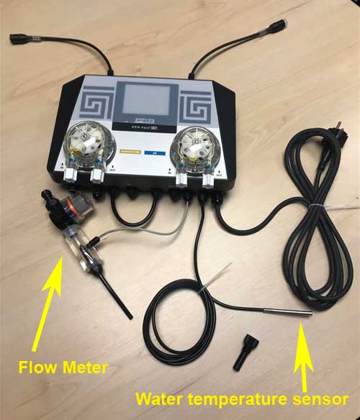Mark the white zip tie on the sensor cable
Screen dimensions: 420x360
pyautogui.click(x=215, y=284)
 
